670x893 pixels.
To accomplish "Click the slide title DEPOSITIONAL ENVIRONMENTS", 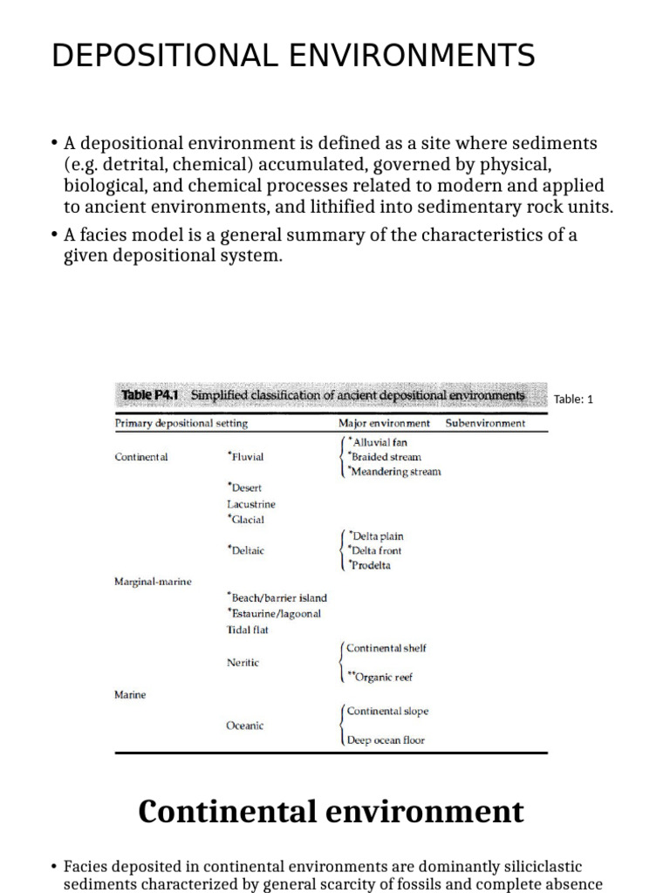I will (x=293, y=56).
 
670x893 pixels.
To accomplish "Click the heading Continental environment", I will (x=331, y=811).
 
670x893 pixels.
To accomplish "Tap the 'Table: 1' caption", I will (x=573, y=399).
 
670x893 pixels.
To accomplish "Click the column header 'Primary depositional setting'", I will (x=181, y=423).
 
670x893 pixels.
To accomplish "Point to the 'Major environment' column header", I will (x=384, y=423).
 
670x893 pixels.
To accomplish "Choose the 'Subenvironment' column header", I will (x=485, y=423).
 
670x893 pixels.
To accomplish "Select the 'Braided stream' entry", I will (x=385, y=456).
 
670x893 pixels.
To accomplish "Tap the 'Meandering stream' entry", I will (x=395, y=472).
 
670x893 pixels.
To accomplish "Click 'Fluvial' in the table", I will (x=246, y=456).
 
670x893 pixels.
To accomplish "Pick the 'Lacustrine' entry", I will (x=250, y=503).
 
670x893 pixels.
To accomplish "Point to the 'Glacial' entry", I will (x=246, y=519).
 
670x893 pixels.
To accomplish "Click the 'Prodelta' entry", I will (x=370, y=565).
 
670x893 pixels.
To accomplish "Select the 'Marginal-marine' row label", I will (x=153, y=581).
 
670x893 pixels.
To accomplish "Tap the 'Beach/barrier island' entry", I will (x=277, y=597).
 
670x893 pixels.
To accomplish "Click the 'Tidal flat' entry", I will (x=248, y=629).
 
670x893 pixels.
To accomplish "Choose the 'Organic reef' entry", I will (x=380, y=677).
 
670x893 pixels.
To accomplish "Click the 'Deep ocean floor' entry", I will (x=386, y=740).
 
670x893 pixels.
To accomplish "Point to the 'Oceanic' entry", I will (x=245, y=726).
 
